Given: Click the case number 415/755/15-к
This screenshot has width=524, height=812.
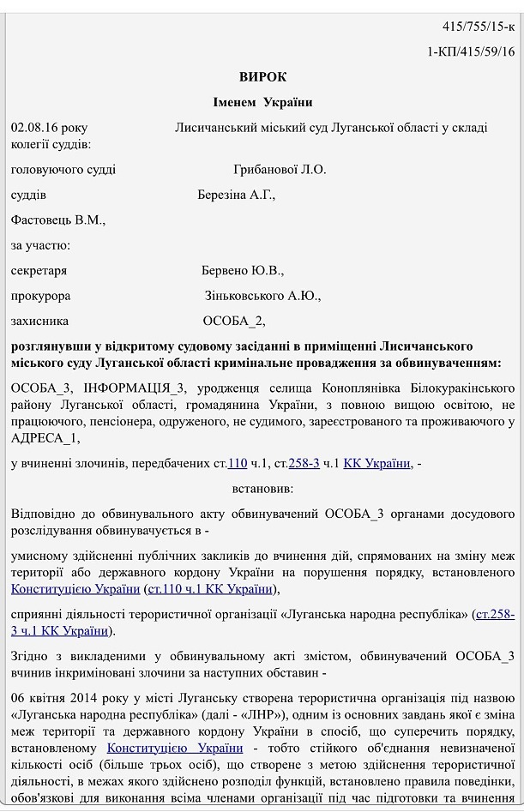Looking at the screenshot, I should (479, 27).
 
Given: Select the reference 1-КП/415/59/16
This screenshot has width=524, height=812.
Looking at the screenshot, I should (471, 51).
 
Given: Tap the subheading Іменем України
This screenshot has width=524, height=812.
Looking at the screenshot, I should (262, 103).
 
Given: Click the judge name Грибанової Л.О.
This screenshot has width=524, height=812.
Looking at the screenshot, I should (280, 170).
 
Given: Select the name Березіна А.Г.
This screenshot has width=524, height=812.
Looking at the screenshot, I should (236, 195).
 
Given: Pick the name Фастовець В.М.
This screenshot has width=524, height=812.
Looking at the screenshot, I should (57, 220).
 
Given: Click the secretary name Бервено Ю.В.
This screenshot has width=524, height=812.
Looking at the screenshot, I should (242, 270).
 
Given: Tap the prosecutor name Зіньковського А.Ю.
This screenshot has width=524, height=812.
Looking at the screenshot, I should (262, 296).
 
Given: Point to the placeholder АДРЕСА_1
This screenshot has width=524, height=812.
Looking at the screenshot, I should (46, 438).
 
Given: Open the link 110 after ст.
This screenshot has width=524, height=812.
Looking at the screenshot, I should (238, 463).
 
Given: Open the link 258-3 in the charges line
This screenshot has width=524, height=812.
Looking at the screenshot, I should (304, 463).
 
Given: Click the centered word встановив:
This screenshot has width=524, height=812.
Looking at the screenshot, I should (262, 489).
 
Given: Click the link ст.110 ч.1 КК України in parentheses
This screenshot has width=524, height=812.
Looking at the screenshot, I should (210, 589).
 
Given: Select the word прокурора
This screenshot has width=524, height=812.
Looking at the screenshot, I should (40, 296).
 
